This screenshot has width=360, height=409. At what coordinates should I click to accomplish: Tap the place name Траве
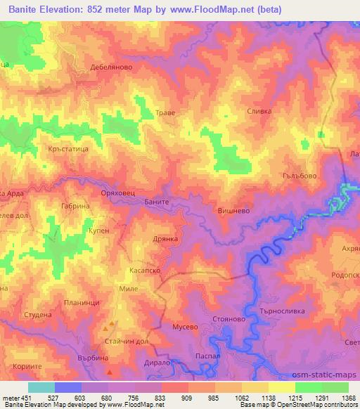pyautogui.click(x=165, y=112)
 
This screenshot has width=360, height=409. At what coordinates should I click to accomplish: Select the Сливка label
pyautogui.click(x=259, y=111)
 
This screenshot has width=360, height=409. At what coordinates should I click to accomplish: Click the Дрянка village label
pyautogui.click(x=169, y=239)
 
